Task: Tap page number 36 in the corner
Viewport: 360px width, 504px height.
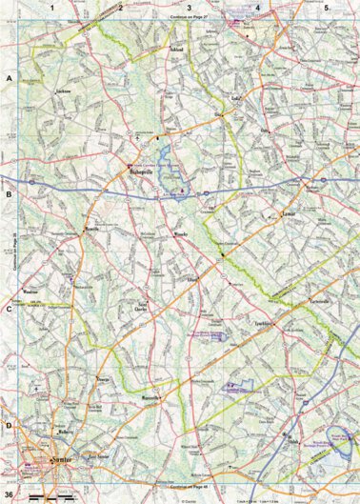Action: (x=9, y=495)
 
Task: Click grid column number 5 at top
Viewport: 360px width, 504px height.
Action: (x=326, y=8)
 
